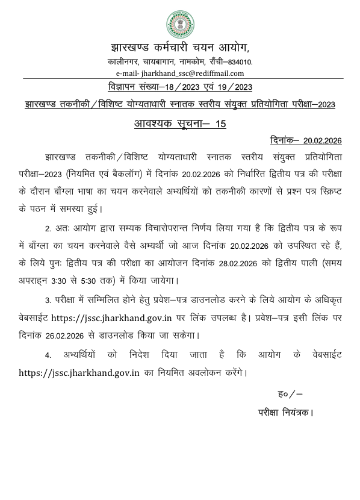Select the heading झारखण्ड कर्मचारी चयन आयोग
[179, 47]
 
